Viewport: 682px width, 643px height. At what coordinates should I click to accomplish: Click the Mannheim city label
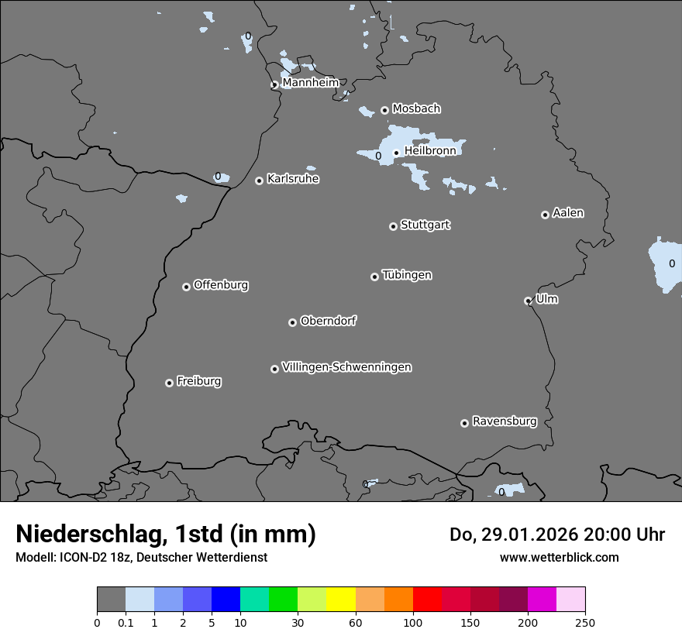310,82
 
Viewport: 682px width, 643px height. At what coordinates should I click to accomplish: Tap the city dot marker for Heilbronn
396,153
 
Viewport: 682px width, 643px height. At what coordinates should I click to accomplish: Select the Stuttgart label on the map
425,225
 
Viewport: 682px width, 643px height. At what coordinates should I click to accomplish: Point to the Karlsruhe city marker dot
259,181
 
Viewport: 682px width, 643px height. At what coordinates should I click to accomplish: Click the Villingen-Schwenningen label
346,366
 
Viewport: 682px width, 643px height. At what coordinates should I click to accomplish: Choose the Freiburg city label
198,381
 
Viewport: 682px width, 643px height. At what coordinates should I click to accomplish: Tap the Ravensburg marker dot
464,423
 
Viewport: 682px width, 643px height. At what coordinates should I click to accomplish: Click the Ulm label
546,299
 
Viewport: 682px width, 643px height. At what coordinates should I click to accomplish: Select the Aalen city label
568,212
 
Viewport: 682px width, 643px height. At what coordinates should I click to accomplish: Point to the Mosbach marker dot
384,110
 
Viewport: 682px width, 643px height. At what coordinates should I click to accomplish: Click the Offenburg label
221,284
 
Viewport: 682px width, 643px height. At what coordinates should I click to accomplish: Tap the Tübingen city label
407,275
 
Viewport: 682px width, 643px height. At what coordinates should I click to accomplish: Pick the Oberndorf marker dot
292,322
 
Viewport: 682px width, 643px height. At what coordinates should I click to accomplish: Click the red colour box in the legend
427,600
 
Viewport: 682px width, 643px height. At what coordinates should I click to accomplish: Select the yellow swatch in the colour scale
341,600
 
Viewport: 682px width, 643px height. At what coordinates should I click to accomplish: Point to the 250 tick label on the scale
585,622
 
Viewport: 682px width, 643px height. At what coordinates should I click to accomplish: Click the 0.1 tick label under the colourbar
126,622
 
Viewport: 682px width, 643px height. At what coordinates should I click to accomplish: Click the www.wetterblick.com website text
559,557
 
